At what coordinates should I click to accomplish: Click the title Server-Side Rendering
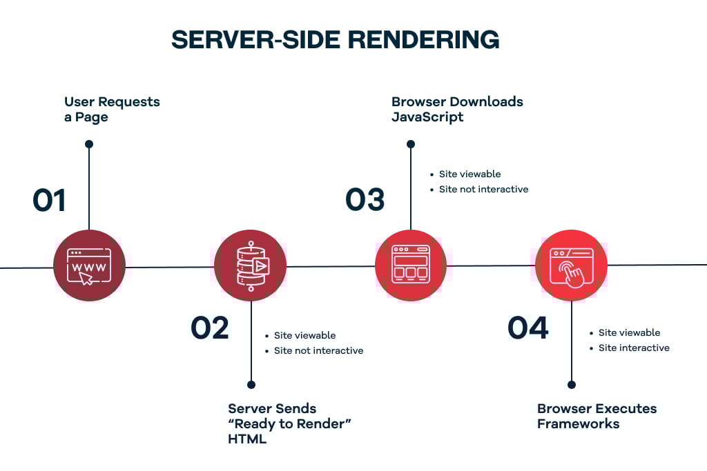pyautogui.click(x=335, y=40)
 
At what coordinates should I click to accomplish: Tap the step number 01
pyautogui.click(x=49, y=200)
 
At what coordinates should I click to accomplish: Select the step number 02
pyautogui.click(x=209, y=328)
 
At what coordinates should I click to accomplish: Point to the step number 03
pyautogui.click(x=365, y=200)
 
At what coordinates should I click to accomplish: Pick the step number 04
pyautogui.click(x=528, y=328)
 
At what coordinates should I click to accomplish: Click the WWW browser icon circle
pyautogui.click(x=89, y=265)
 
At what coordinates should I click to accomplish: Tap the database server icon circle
pyautogui.click(x=250, y=265)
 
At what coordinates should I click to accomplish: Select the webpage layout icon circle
pyautogui.click(x=410, y=265)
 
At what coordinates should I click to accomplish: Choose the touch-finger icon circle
pyautogui.click(x=571, y=265)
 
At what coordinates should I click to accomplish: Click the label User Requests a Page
pyautogui.click(x=112, y=109)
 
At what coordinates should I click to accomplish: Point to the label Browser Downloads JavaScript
pyautogui.click(x=457, y=109)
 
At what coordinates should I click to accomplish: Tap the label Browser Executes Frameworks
pyautogui.click(x=597, y=416)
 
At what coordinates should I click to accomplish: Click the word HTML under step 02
pyautogui.click(x=247, y=439)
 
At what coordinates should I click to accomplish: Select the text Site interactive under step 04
pyautogui.click(x=634, y=348)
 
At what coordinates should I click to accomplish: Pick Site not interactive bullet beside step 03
pyautogui.click(x=483, y=190)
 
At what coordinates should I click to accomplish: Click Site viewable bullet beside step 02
pyautogui.click(x=304, y=336)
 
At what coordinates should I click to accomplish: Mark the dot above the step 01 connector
pyautogui.click(x=89, y=144)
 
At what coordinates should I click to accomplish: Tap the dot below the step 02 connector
pyautogui.click(x=251, y=385)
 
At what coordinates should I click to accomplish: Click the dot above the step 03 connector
pyautogui.click(x=411, y=144)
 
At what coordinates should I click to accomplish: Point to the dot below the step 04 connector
pyautogui.click(x=572, y=385)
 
